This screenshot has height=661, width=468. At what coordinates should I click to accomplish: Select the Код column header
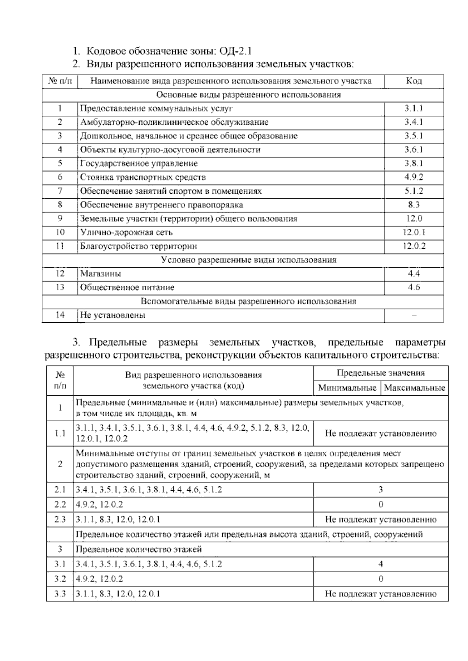414,81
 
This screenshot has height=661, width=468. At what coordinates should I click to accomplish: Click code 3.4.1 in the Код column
414,122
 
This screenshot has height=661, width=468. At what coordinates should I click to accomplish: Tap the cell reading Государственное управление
139,163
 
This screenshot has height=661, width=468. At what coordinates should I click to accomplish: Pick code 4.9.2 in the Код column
414,177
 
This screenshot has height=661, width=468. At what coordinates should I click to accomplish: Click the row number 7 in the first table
60,191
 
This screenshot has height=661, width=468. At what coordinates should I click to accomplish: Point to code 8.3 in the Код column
414,205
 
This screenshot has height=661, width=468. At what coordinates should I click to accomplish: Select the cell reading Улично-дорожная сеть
126,232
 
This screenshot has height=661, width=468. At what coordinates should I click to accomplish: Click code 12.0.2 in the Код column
414,246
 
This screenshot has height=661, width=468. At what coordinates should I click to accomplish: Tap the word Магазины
101,274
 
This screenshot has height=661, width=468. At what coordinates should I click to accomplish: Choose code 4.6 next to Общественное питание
414,287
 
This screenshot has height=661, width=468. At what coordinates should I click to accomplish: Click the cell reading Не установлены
113,315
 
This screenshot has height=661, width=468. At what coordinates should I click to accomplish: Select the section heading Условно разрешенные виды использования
248,260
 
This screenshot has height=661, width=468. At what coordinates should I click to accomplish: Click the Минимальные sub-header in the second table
347,388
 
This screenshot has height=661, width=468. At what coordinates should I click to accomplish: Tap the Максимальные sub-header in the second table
414,388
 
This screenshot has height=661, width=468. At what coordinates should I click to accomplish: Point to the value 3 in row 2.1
381,490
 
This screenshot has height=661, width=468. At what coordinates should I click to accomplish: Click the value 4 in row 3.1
381,564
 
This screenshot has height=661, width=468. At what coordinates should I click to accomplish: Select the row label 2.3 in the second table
60,519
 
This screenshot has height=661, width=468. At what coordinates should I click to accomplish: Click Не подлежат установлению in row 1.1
381,433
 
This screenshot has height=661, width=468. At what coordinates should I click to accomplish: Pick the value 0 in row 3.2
381,579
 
